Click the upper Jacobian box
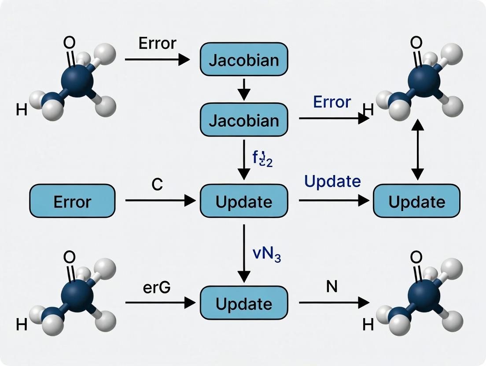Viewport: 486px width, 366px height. (244, 59)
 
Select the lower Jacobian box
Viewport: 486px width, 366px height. (244, 120)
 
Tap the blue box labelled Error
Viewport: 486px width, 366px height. (72, 201)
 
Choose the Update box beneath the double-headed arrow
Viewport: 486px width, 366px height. (416, 201)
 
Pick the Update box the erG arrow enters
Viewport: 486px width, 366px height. (244, 303)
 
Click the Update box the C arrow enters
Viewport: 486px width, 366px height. (244, 201)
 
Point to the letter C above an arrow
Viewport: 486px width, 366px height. (157, 185)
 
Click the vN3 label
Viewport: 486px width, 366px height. (266, 255)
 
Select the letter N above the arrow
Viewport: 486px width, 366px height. (332, 287)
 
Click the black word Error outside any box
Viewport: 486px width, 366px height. (157, 44)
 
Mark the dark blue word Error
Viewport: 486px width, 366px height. (332, 102)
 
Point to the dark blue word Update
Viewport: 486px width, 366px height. (332, 181)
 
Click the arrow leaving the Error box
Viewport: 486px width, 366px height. (160, 201)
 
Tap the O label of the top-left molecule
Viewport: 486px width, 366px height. (70, 43)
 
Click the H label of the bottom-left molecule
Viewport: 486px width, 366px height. (21, 325)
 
